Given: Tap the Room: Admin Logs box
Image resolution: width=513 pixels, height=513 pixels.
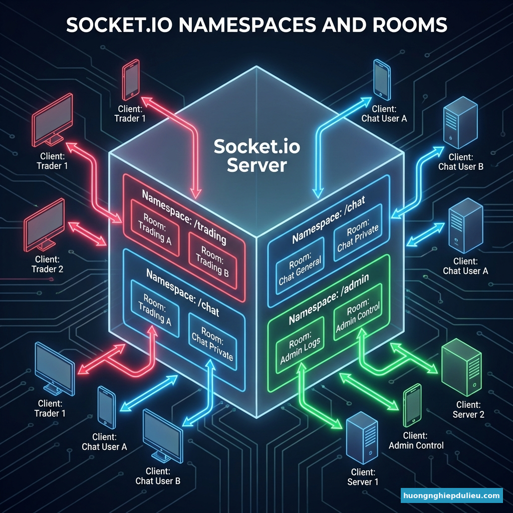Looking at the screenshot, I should [301, 345].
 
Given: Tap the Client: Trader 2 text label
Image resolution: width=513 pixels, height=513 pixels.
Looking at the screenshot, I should [48, 264].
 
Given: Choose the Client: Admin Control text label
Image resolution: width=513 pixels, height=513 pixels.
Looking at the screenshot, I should [416, 440].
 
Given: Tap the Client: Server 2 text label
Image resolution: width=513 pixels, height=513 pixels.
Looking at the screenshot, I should [468, 409].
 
